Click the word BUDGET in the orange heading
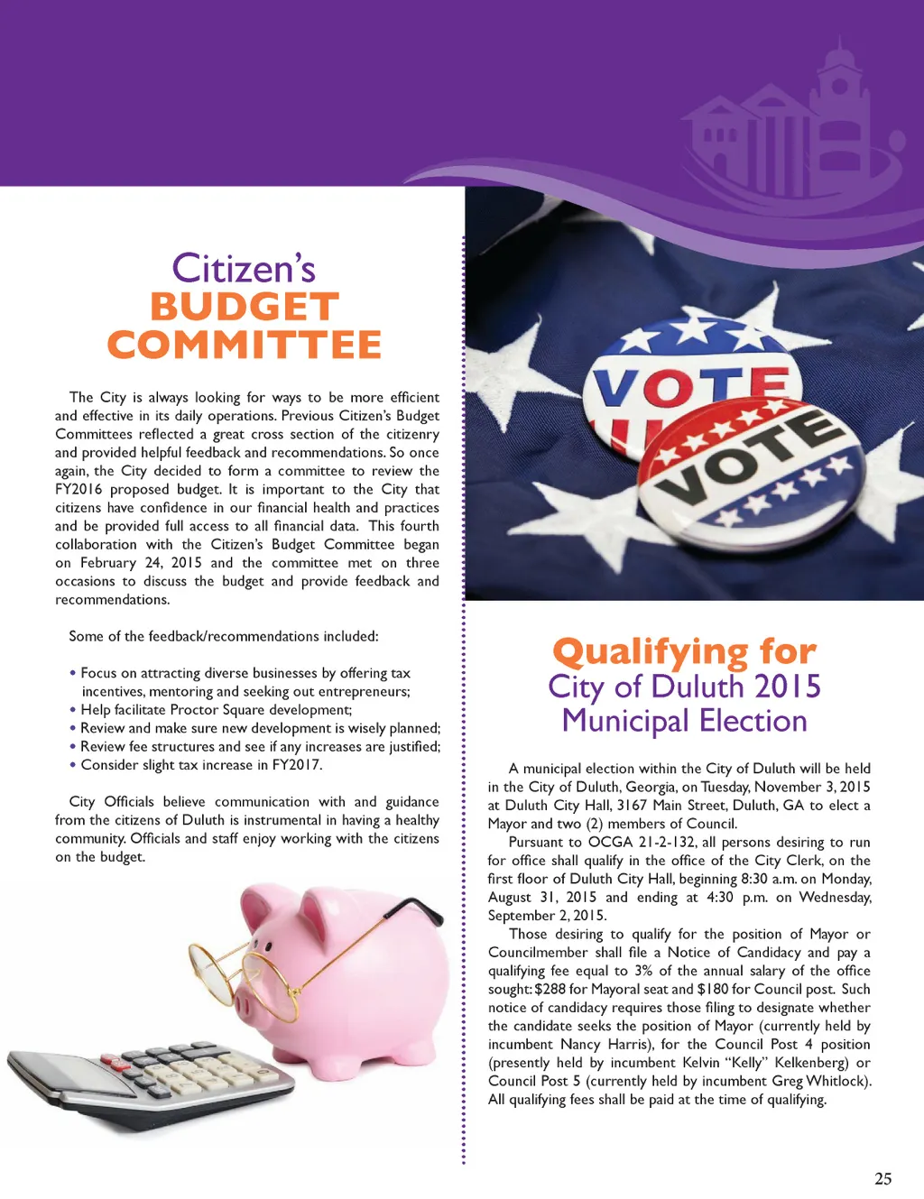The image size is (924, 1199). [x=245, y=307]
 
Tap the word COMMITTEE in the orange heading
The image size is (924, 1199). [x=245, y=345]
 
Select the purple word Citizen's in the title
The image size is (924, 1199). [x=244, y=268]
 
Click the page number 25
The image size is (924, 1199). [x=882, y=1178]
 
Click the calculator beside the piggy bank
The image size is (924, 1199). [x=153, y=1083]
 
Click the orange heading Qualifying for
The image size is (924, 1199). [x=684, y=650]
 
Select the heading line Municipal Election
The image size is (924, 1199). [x=684, y=721]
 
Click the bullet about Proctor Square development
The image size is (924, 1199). [x=216, y=710]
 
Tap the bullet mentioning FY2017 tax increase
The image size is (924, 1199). [x=201, y=765]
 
